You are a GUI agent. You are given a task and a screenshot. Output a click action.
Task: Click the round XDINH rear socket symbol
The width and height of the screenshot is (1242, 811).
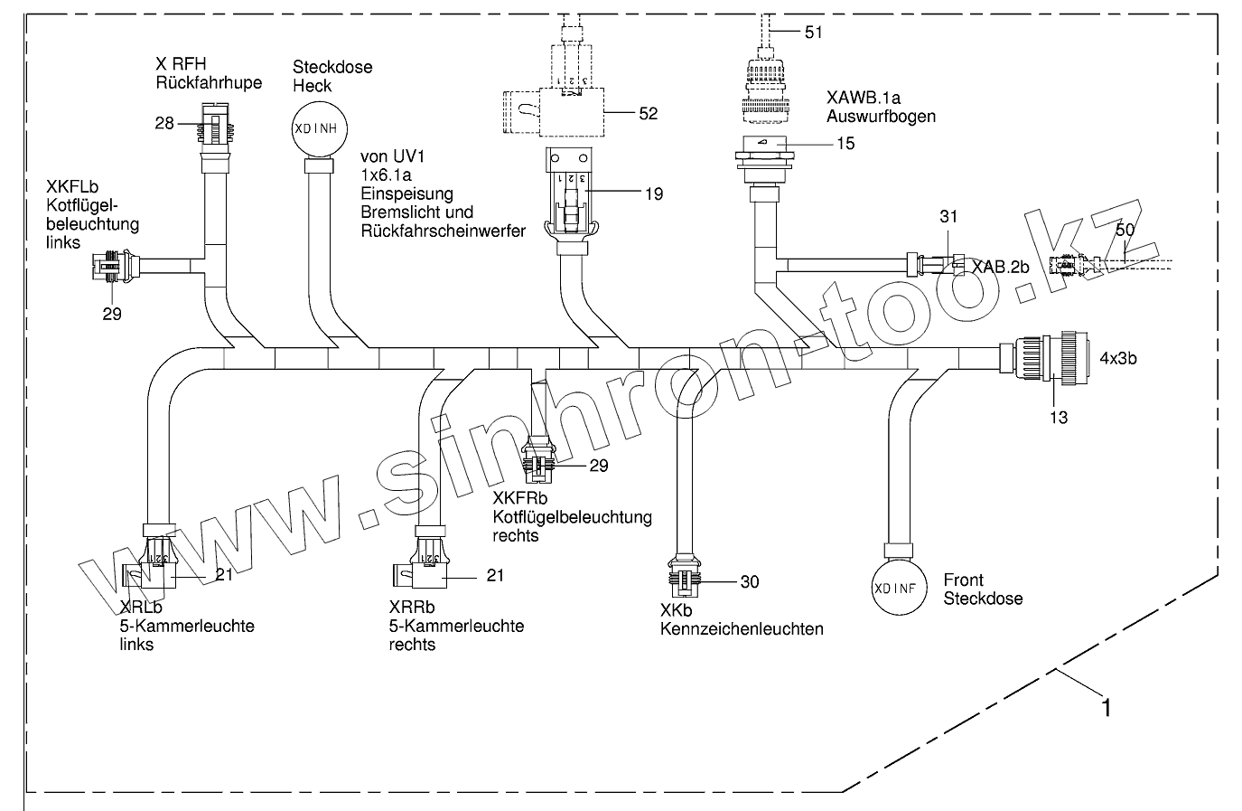click(315, 128)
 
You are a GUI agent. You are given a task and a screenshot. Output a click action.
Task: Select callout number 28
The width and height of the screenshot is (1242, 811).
click(164, 123)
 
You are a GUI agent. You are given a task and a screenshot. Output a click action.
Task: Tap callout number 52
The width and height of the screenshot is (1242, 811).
click(648, 113)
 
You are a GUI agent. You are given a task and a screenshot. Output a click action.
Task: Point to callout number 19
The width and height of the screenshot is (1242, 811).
click(653, 193)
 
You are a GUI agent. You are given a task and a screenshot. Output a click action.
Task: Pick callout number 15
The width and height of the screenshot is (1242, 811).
click(845, 143)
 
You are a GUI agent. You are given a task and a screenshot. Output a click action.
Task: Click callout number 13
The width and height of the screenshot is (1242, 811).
click(1058, 417)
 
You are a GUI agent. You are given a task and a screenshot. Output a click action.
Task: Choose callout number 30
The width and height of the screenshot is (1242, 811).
click(750, 582)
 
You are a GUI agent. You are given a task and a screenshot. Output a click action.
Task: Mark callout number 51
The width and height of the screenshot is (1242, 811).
click(813, 33)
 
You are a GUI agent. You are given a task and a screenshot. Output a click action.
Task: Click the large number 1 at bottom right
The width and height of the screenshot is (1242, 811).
click(1103, 706)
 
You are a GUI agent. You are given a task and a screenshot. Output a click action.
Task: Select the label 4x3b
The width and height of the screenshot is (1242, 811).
click(1117, 357)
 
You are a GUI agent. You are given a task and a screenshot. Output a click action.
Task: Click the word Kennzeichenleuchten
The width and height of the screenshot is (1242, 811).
click(742, 628)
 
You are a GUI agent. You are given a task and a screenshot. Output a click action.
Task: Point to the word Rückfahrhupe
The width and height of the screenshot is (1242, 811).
click(209, 82)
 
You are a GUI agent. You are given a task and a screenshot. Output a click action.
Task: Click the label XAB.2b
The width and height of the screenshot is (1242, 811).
click(1001, 268)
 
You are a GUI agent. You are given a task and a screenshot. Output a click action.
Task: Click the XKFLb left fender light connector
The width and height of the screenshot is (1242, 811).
click(113, 266)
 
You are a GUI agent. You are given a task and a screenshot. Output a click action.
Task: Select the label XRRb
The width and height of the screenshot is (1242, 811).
click(412, 608)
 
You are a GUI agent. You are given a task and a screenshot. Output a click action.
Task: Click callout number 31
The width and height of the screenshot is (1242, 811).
click(948, 217)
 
